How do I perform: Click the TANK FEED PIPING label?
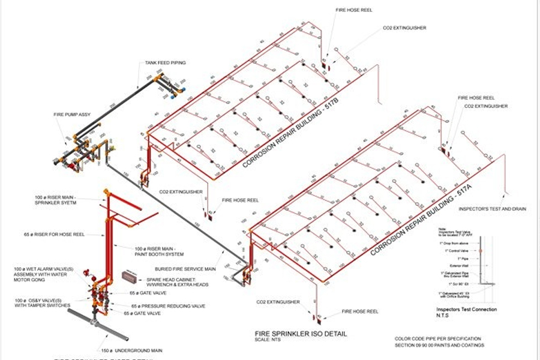pos(164,62)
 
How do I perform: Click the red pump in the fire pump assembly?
pos(73,164)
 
